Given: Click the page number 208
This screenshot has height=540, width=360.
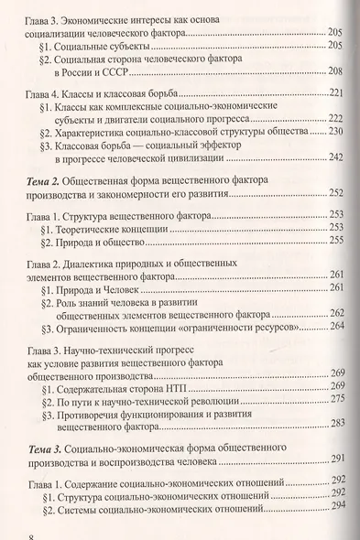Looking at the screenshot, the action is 335,70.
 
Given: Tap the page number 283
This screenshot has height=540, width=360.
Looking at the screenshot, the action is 336,422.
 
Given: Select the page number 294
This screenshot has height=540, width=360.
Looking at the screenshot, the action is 339,505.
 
